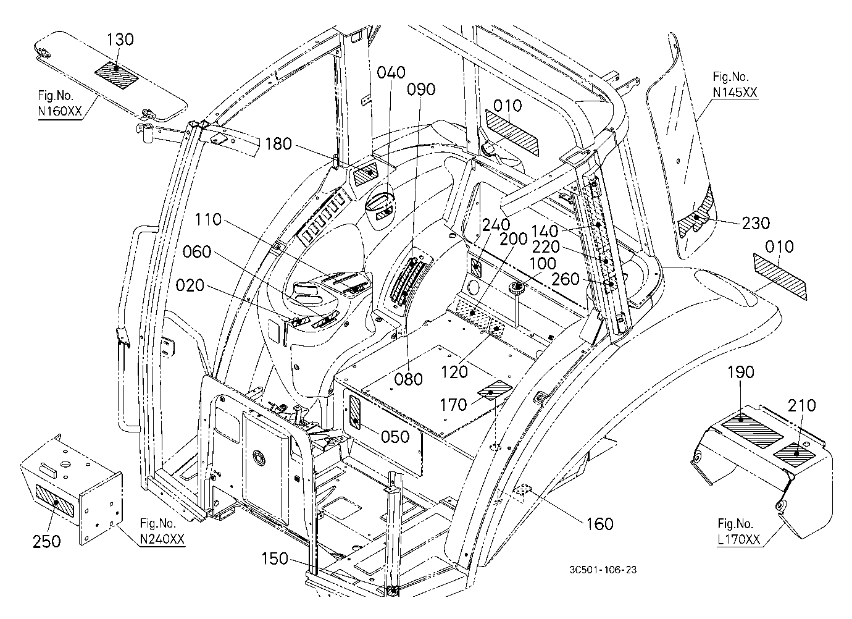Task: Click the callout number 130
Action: tap(120, 40)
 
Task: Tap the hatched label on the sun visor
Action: tap(117, 75)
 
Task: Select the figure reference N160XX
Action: tap(60, 111)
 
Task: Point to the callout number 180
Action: tap(278, 145)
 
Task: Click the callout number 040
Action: tap(391, 72)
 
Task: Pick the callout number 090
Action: tap(421, 90)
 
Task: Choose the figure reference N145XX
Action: tap(735, 93)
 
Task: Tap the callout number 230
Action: tap(756, 223)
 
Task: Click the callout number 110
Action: tap(209, 220)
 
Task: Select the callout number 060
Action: tap(197, 252)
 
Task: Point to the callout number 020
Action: tap(190, 285)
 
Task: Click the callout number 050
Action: tap(395, 437)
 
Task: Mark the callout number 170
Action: tap(453, 405)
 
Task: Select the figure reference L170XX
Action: tap(738, 539)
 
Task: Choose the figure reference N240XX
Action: tap(162, 539)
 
